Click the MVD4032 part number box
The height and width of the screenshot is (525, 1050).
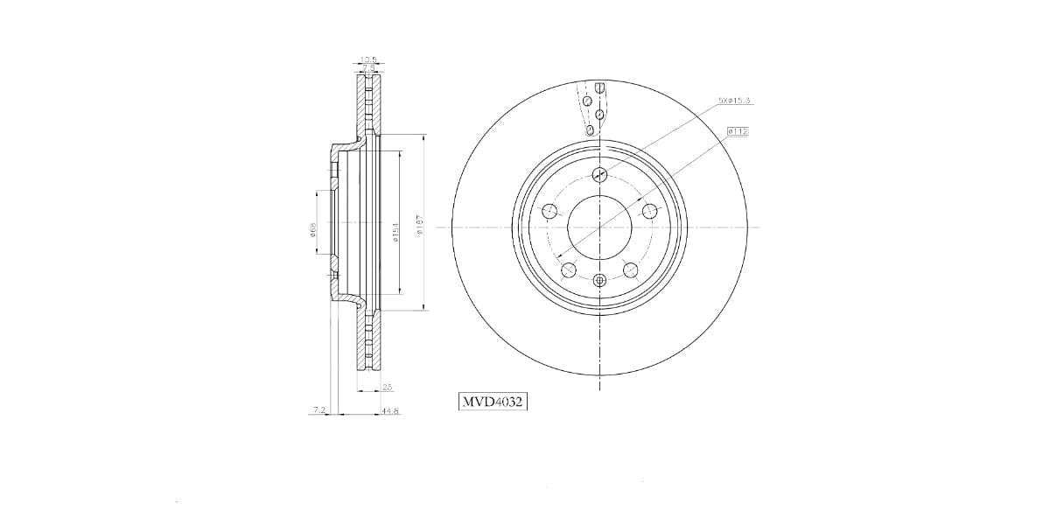pyautogui.click(x=493, y=402)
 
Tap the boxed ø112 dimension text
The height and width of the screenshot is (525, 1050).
pyautogui.click(x=737, y=131)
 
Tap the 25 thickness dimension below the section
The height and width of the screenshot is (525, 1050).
pyautogui.click(x=388, y=387)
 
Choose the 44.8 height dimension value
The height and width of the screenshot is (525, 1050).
pyautogui.click(x=390, y=411)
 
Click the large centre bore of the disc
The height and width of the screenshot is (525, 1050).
pyautogui.click(x=599, y=227)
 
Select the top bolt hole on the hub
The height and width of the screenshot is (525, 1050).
pyautogui.click(x=599, y=173)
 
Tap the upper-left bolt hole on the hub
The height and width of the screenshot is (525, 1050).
pyautogui.click(x=549, y=211)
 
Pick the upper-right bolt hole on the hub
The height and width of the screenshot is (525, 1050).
pyautogui.click(x=649, y=211)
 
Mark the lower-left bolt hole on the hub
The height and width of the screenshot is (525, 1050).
pyautogui.click(x=569, y=269)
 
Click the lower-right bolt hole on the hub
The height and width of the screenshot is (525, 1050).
pyautogui.click(x=630, y=269)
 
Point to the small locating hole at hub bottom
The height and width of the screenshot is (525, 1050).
pyautogui.click(x=599, y=280)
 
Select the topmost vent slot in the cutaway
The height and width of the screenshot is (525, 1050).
pyautogui.click(x=601, y=87)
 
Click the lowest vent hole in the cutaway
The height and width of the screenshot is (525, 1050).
pyautogui.click(x=591, y=130)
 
